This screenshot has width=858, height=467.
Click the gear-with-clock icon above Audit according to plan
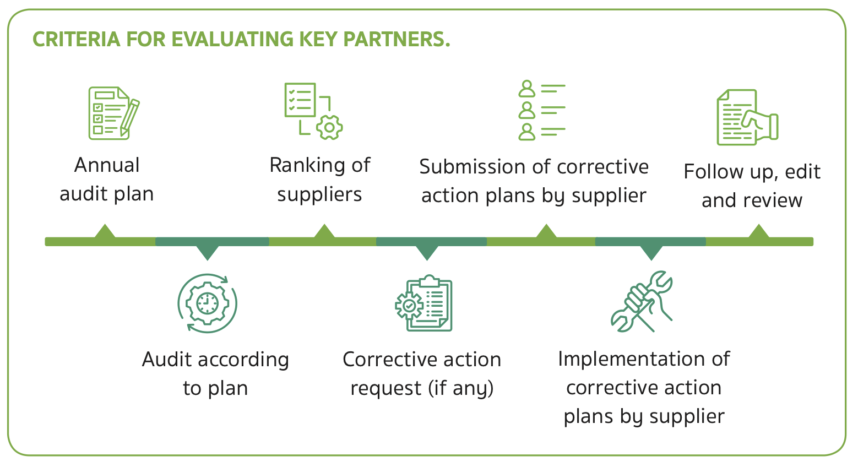(207, 303)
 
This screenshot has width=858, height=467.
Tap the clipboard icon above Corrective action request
(424, 303)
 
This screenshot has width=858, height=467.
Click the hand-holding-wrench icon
(642, 302)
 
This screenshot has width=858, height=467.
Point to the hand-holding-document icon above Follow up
(747, 118)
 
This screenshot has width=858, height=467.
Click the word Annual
(107, 165)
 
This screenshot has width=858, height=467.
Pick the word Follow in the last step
(708, 172)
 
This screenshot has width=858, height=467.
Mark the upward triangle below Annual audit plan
(105, 232)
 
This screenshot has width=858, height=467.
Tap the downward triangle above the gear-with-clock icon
(208, 252)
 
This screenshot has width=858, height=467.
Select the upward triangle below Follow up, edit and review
(758, 232)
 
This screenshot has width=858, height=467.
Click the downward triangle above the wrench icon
(651, 252)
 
